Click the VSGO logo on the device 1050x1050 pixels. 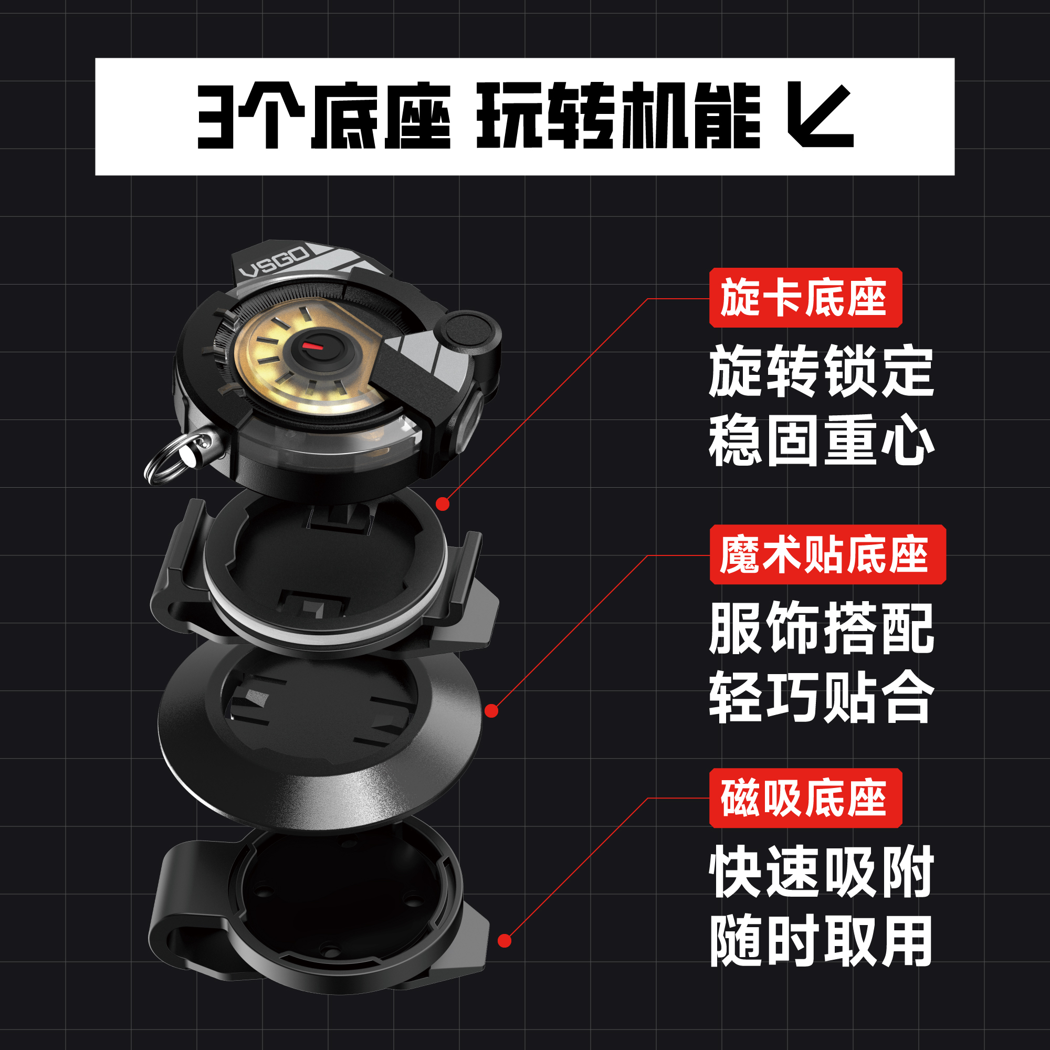(x=274, y=262)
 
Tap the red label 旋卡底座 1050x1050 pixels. (x=806, y=297)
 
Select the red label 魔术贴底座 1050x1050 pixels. (x=828, y=554)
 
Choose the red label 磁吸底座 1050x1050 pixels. (x=806, y=798)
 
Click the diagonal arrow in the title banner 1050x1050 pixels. (x=821, y=115)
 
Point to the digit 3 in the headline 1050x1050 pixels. (x=216, y=117)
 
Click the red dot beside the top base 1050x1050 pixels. (x=443, y=505)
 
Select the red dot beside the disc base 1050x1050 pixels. (x=491, y=710)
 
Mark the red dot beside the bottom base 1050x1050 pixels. (x=505, y=941)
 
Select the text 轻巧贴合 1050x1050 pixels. (x=821, y=697)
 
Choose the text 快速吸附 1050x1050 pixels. (x=821, y=872)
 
